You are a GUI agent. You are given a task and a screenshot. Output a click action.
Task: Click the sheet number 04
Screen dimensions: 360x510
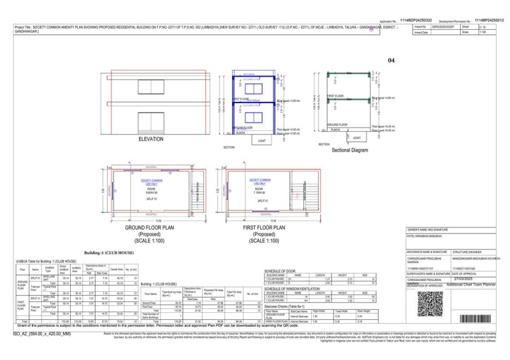391,61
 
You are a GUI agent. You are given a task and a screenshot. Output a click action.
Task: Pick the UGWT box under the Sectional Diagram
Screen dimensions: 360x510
356,137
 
